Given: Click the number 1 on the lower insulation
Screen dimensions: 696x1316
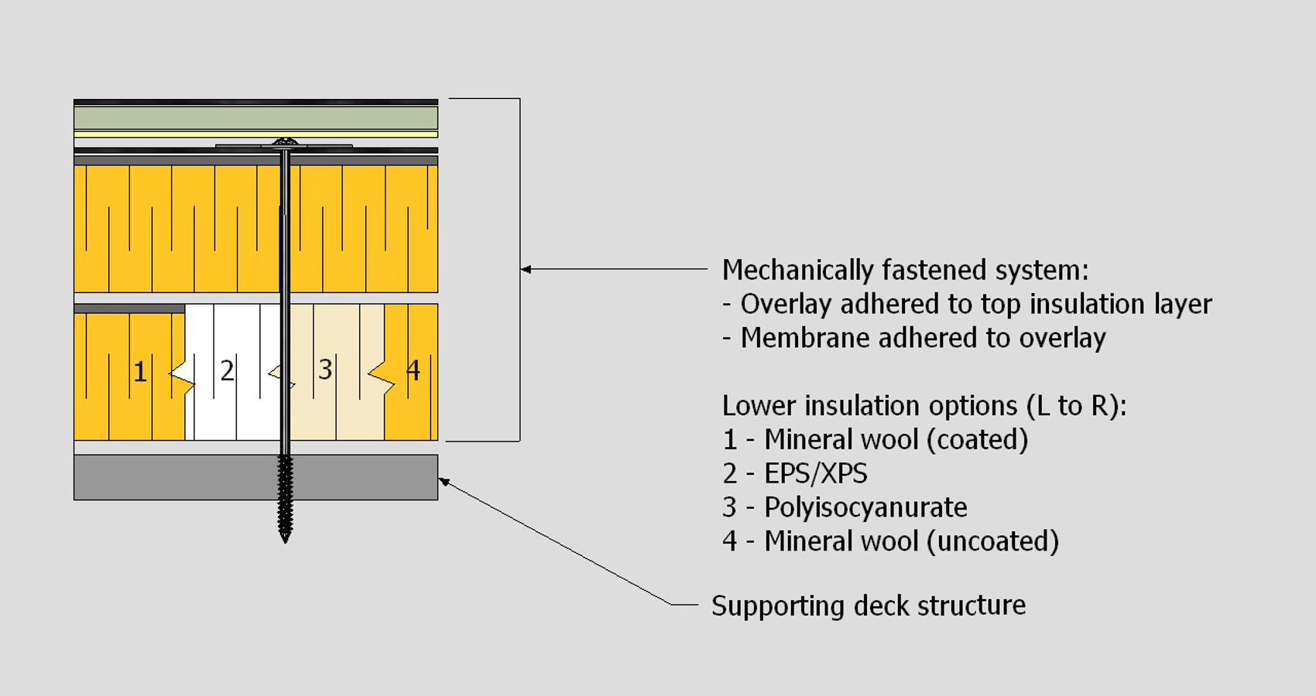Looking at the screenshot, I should click(140, 372).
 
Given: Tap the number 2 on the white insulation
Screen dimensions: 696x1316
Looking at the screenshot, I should click(227, 371).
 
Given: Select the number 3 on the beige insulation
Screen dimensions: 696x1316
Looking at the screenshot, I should click(325, 370).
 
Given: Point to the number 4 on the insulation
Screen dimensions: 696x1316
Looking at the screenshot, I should click(413, 371).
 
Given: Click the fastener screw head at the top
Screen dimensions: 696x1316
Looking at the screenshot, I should click(285, 143).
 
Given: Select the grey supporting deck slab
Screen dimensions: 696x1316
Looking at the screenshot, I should click(155, 477).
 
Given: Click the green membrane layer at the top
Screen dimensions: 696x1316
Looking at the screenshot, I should click(255, 118).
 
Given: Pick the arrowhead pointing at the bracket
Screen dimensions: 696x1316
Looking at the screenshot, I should click(526, 269).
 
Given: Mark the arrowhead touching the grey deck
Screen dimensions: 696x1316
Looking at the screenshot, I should click(444, 482).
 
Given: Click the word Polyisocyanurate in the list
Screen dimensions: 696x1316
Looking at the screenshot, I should click(865, 507).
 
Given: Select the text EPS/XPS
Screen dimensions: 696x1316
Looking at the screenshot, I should click(816, 473).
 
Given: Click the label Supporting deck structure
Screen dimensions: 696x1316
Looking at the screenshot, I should click(869, 606).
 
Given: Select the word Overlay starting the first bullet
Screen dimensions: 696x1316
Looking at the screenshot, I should click(786, 304).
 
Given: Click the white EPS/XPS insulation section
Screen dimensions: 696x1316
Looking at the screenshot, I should click(232, 410).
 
